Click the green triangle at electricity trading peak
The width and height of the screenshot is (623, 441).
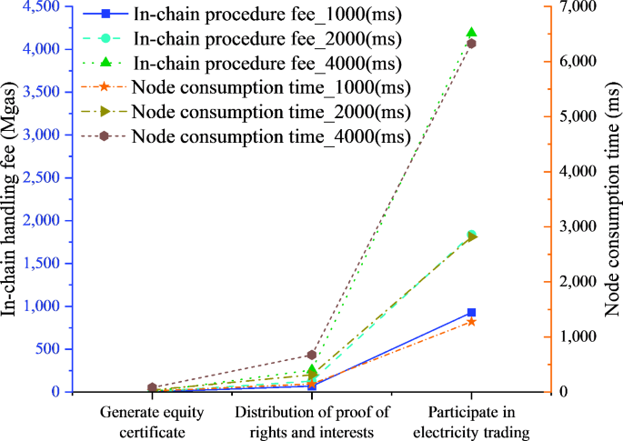471,33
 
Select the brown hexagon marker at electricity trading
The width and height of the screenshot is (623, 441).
471,44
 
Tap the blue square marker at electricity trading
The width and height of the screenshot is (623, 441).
471,313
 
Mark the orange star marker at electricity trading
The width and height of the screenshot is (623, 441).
471,322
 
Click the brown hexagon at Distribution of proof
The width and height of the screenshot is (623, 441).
312,355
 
